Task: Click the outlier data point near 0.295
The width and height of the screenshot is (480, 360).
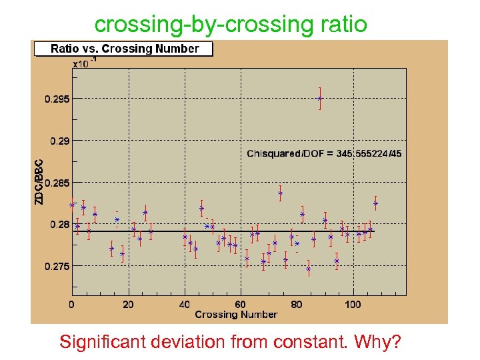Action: tap(320, 98)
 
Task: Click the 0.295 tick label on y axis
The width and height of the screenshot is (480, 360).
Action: tap(57, 99)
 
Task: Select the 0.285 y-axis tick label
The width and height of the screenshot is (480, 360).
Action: tap(57, 183)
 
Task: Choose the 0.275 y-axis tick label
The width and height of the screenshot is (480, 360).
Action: tap(57, 267)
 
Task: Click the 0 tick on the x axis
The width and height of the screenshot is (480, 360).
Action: tap(72, 305)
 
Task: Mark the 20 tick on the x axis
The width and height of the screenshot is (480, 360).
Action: tap(128, 305)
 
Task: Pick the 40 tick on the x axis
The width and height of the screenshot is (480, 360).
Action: tap(185, 305)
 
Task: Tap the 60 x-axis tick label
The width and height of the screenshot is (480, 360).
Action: tap(241, 305)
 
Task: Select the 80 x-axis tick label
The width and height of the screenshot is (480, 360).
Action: tap(297, 305)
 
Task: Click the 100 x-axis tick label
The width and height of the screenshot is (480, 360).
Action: tap(353, 305)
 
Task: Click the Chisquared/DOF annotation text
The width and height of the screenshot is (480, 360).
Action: tap(324, 154)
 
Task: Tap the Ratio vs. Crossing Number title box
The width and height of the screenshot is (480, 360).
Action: tap(124, 49)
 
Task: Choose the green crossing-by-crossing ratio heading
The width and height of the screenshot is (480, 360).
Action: tap(231, 24)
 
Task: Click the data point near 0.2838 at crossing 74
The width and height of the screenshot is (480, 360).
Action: tap(281, 193)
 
